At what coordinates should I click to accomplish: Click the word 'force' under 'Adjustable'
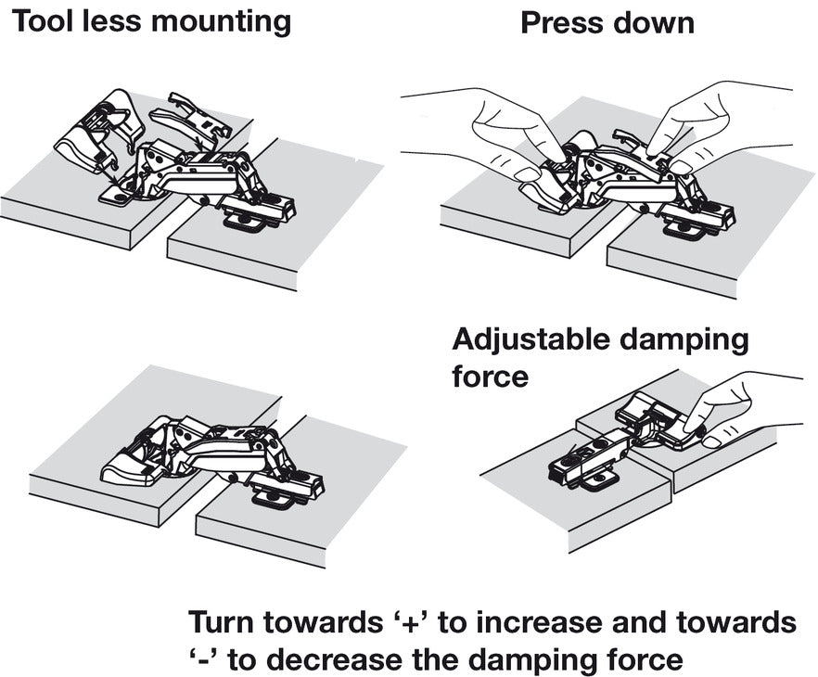click(491, 377)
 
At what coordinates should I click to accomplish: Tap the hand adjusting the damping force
click(742, 408)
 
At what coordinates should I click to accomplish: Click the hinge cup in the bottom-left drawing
click(130, 464)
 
